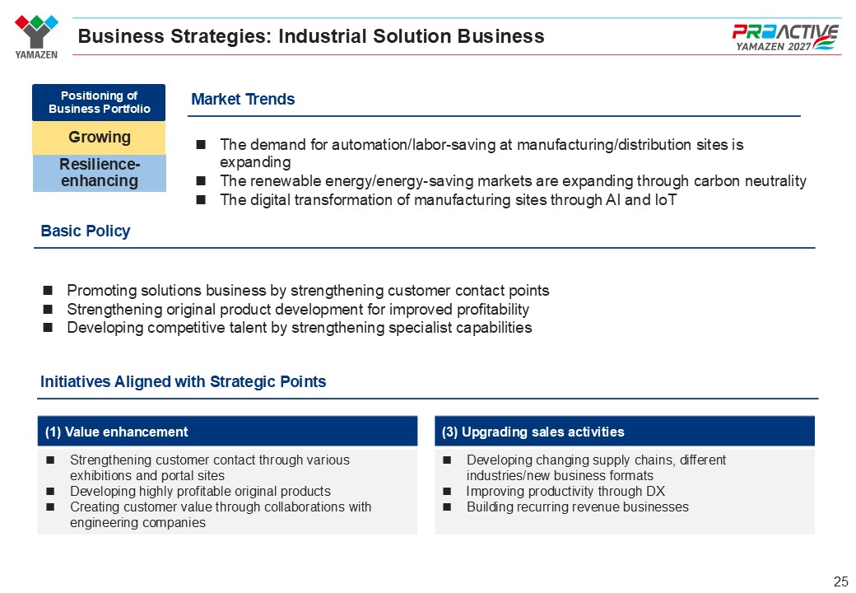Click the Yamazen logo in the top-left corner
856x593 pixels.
tap(36, 36)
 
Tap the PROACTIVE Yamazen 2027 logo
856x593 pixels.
tap(785, 37)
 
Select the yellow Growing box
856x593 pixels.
tap(99, 137)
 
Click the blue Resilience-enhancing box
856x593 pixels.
tap(100, 173)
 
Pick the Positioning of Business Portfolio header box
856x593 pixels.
tap(99, 102)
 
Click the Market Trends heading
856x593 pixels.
tap(243, 99)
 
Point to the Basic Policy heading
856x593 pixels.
tap(85, 231)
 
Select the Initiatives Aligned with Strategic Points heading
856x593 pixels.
tap(183, 381)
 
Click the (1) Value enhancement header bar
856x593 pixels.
tap(227, 432)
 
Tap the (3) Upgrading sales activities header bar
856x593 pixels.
tap(625, 432)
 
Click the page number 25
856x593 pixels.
tap(840, 581)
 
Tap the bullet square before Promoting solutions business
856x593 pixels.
tap(48, 290)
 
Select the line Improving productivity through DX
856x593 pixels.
tap(565, 492)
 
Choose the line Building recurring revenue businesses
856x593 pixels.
tap(578, 507)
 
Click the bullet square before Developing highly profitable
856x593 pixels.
tap(50, 492)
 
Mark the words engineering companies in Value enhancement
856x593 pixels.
tap(137, 522)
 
